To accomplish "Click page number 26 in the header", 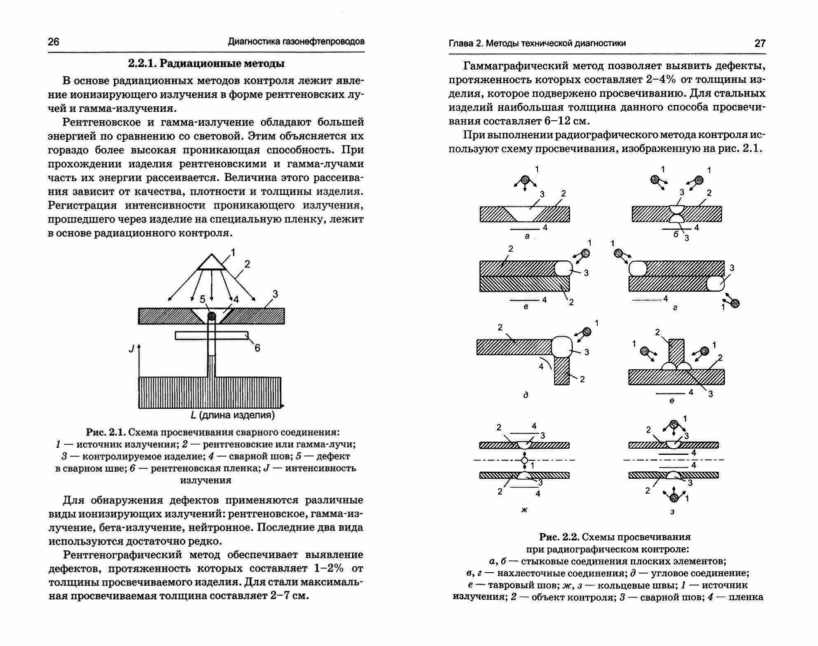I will coord(54,42).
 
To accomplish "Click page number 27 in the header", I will coord(760,43).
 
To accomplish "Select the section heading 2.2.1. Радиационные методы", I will coord(206,64).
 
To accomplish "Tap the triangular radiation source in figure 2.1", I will coord(212,262).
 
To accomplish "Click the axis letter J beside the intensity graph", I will coord(131,349).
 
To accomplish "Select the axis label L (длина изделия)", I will coord(232,415).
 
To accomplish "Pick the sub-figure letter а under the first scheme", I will coord(527,236).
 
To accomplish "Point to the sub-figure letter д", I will coord(526,395).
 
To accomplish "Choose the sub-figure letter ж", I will coord(524,510).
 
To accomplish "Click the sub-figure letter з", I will coord(672,512).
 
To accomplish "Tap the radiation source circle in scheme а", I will coord(525,180).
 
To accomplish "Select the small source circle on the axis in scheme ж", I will coord(524,460).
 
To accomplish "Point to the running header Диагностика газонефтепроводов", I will coord(296,42).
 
